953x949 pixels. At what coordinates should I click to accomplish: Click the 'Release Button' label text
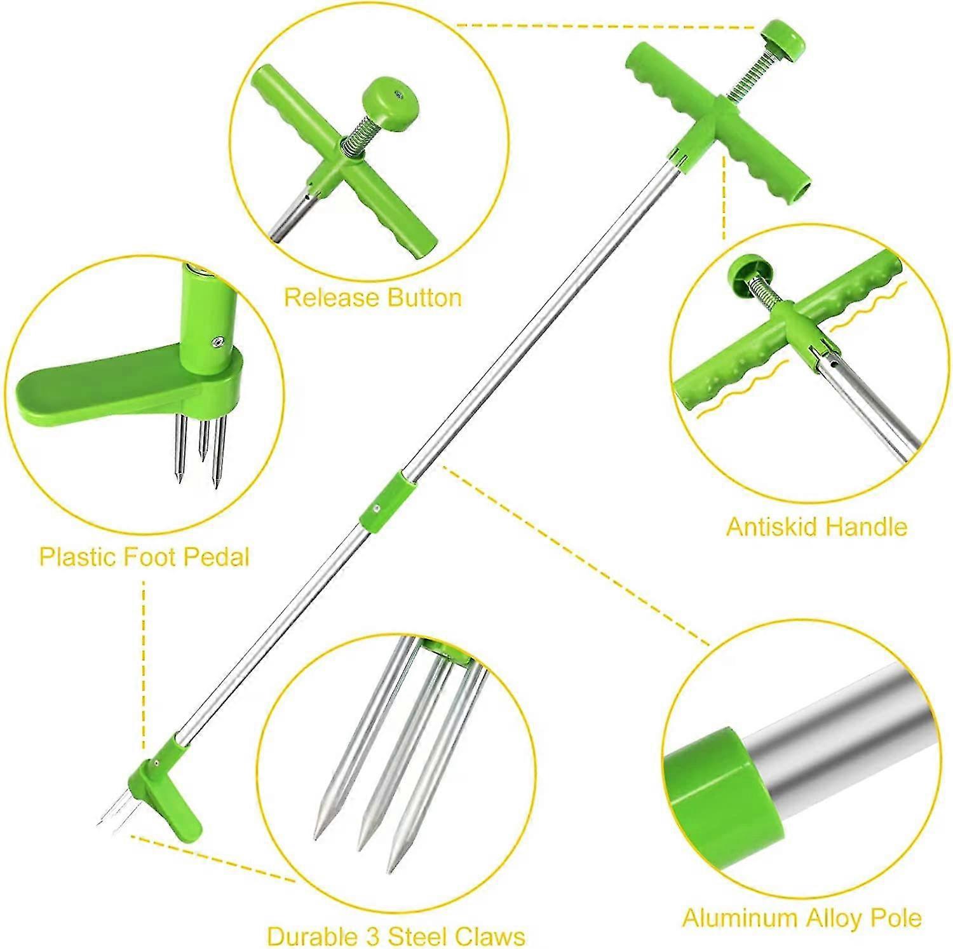372,297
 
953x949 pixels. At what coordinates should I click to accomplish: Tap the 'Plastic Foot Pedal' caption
144,557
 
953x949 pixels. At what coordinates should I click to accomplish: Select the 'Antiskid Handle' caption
816,527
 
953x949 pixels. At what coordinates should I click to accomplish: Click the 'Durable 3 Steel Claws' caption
396,936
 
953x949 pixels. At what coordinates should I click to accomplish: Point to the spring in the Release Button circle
356,146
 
